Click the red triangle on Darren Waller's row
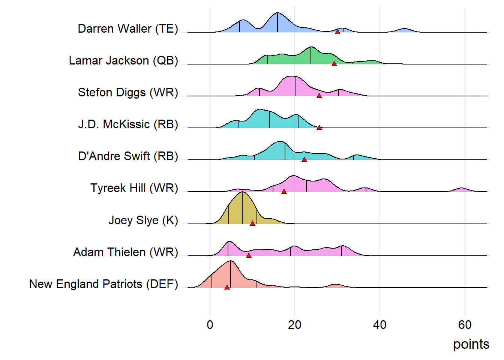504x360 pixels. (337, 32)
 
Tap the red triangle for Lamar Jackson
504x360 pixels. (334, 64)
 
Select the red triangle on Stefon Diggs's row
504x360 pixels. (319, 96)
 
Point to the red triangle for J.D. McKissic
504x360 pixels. (319, 127)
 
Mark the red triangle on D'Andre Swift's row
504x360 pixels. (304, 159)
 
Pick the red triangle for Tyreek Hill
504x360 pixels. (284, 191)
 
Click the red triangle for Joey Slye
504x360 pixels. (252, 223)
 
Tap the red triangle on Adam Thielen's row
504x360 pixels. (249, 255)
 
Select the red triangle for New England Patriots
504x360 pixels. (227, 287)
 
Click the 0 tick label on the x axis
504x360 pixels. (210, 325)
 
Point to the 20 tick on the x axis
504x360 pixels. (295, 325)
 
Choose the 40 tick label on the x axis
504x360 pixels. (380, 325)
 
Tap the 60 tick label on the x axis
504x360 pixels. (465, 325)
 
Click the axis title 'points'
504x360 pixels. (471, 344)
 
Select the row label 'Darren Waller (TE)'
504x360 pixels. (128, 29)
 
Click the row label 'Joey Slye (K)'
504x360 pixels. (143, 220)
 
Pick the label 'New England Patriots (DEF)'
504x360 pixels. (103, 284)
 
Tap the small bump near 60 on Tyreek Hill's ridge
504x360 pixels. (462, 189)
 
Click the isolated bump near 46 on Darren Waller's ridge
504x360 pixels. (404, 30)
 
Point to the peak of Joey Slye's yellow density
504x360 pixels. (242, 193)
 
